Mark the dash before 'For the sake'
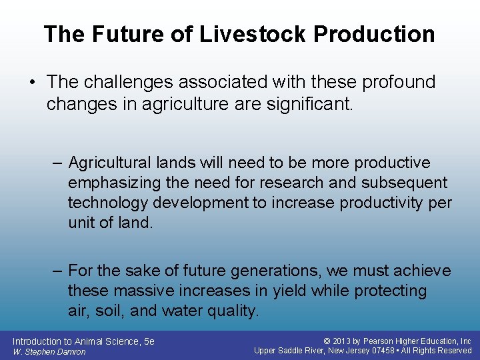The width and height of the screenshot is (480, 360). click(x=58, y=271)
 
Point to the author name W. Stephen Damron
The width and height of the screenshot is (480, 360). click(x=49, y=351)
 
